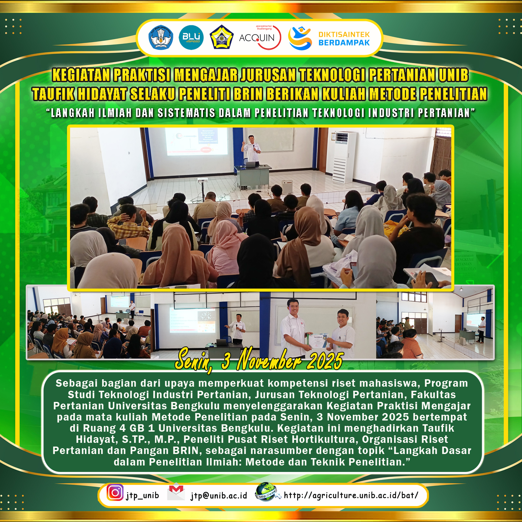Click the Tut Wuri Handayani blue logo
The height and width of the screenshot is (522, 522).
[161, 38]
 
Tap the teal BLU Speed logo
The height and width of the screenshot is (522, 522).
[191, 38]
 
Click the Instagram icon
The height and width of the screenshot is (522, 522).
[115, 492]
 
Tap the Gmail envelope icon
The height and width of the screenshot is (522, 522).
[176, 492]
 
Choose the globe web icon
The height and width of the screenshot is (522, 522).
[267, 492]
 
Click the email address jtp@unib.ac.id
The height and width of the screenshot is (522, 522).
[219, 496]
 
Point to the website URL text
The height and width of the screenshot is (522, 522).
[351, 495]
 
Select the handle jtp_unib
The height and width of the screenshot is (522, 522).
[142, 496]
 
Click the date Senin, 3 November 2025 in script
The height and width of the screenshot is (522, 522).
[259, 361]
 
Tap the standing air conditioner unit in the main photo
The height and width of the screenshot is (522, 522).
[344, 157]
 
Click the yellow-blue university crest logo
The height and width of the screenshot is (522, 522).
[222, 38]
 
